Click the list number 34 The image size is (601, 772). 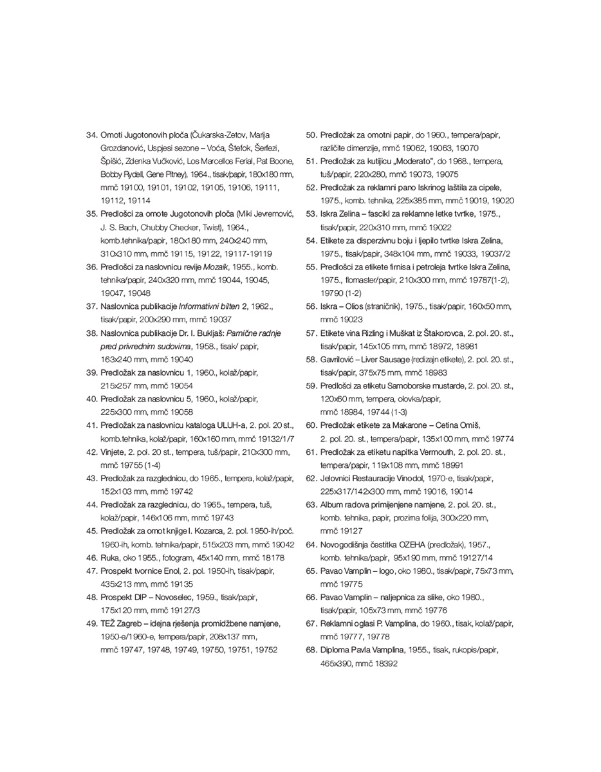[91, 134]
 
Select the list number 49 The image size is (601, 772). [91, 623]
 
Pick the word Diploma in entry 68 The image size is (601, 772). [337, 650]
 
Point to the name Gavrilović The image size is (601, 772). [342, 359]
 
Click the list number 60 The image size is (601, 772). [311, 425]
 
